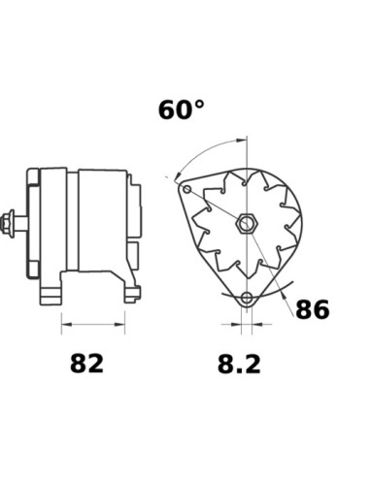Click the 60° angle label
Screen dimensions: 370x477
182,110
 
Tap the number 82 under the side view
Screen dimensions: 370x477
86,364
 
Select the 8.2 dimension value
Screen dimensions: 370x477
239,364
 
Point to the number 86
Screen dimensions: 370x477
313,309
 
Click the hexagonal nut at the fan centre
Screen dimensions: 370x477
247,223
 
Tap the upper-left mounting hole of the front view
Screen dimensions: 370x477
187,189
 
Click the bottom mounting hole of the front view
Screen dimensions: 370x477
247,298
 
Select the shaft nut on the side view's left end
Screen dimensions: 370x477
8,223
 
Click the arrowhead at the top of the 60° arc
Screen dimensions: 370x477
241,141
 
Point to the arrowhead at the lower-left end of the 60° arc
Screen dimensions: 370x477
177,176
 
